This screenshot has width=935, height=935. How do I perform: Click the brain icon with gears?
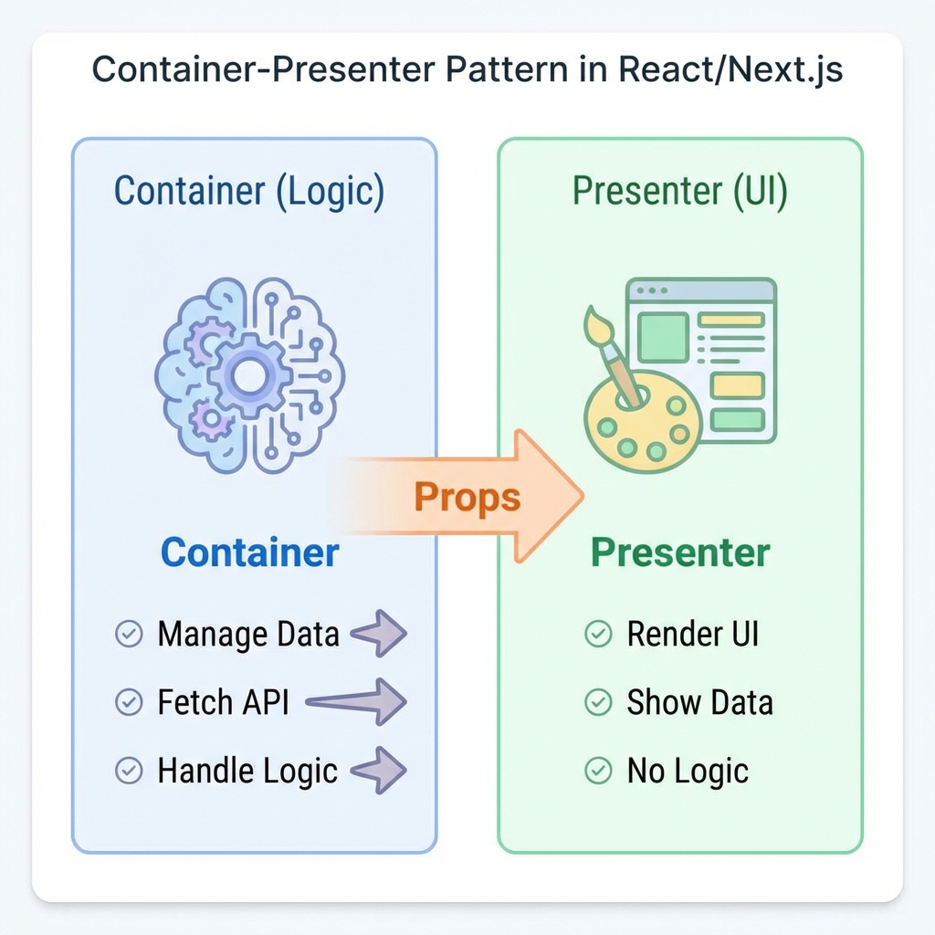(x=249, y=374)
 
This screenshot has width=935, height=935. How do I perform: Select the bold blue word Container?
(x=249, y=552)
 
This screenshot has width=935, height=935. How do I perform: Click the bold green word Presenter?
(x=680, y=552)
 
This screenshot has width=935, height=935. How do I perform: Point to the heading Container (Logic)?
(x=249, y=191)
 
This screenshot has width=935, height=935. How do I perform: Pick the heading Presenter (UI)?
(x=679, y=191)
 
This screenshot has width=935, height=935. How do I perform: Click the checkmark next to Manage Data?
(x=129, y=634)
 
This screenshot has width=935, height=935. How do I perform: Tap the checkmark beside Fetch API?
(x=129, y=702)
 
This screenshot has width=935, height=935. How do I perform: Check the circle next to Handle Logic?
(x=129, y=771)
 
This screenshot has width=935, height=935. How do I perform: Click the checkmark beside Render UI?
(x=598, y=634)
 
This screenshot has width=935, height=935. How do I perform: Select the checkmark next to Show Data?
(x=598, y=702)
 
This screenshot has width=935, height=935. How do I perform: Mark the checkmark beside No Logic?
(x=598, y=771)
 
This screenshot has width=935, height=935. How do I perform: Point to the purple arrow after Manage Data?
(x=379, y=634)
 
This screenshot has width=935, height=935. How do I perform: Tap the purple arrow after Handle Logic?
(x=379, y=771)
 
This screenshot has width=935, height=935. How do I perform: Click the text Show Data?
(x=699, y=702)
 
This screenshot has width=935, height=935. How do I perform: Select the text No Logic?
(x=688, y=771)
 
